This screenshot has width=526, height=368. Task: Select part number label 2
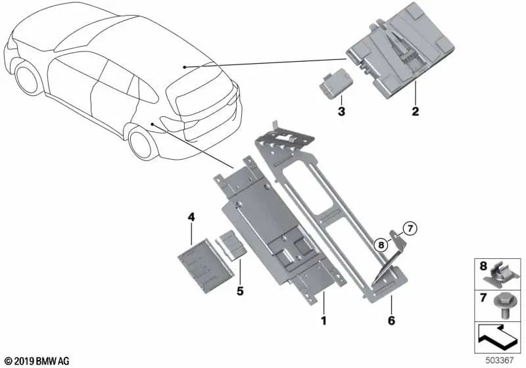point(415,112)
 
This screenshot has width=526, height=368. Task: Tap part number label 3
point(341,112)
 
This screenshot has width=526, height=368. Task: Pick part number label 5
point(239,290)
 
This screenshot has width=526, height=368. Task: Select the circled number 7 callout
point(410,229)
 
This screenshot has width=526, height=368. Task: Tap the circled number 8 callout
point(381,244)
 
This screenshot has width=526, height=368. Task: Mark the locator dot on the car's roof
point(185,67)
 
